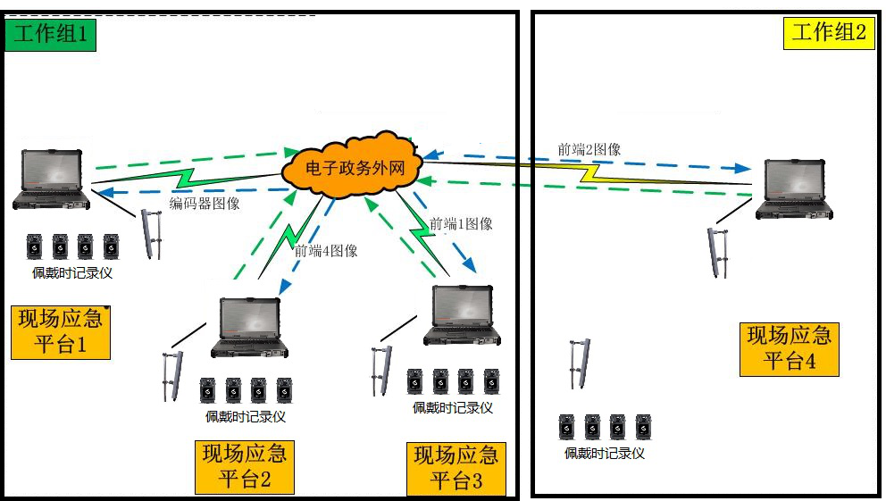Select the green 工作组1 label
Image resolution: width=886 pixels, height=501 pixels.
click(x=50, y=35)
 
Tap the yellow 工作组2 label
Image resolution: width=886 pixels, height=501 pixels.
click(x=828, y=33)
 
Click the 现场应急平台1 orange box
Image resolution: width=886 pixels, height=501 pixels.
click(x=60, y=330)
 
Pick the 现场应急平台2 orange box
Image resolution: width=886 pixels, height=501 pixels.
click(x=245, y=466)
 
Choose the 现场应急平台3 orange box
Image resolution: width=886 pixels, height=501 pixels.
click(x=456, y=468)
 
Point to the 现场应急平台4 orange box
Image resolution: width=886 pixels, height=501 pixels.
click(x=790, y=348)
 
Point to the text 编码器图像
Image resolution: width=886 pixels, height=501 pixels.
click(x=205, y=204)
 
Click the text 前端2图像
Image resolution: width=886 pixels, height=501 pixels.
click(x=589, y=149)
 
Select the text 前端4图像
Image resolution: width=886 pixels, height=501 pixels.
click(x=326, y=251)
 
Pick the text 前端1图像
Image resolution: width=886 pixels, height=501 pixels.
click(x=461, y=224)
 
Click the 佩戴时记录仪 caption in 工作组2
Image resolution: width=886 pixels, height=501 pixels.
click(x=604, y=453)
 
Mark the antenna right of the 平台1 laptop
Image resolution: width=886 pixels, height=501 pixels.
click(x=152, y=234)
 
